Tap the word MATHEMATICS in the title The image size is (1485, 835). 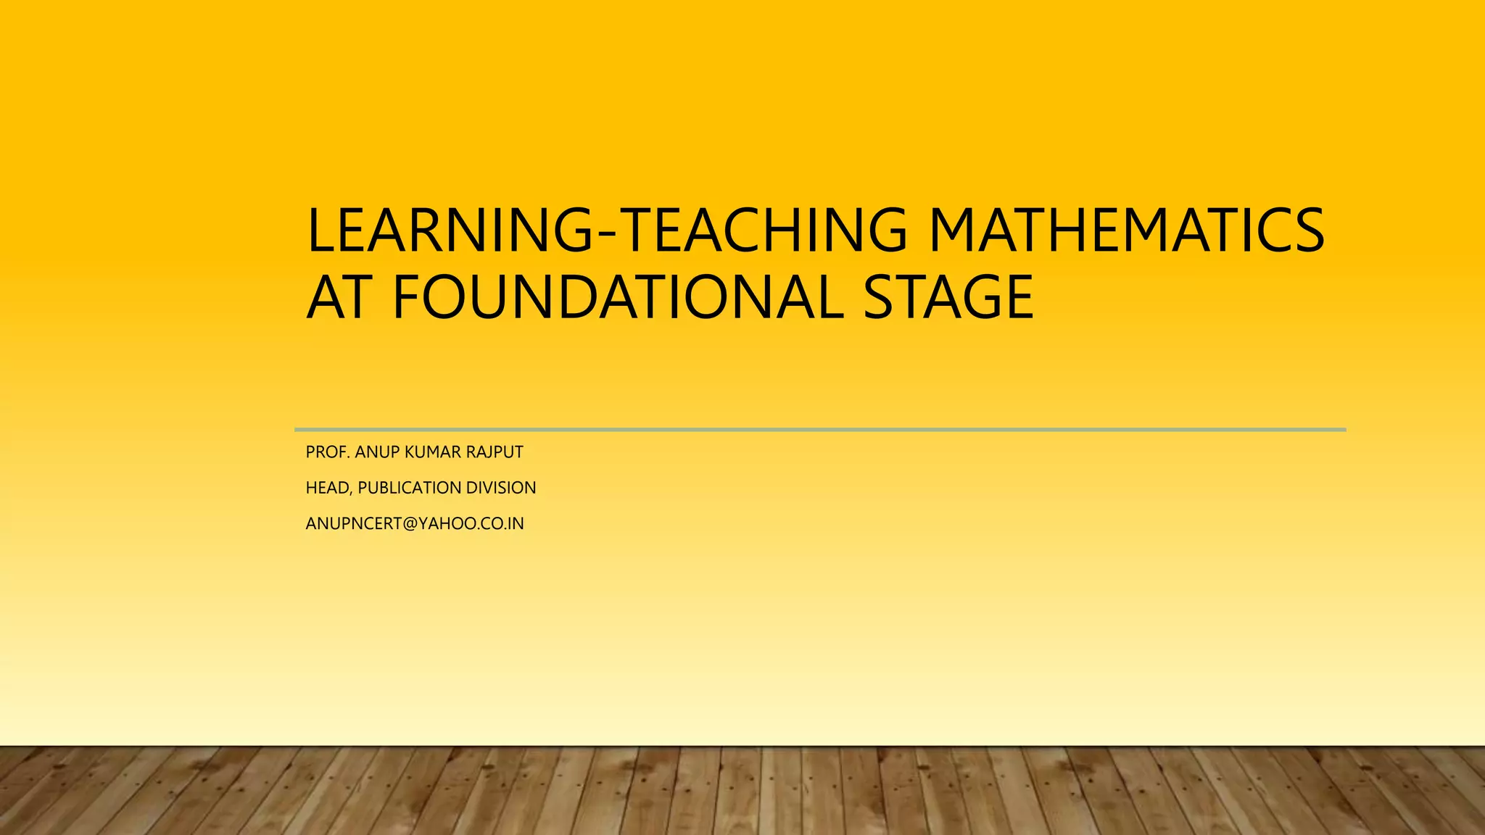tap(1127, 230)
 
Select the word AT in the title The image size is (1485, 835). tap(339, 297)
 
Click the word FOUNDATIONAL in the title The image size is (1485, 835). tap(619, 297)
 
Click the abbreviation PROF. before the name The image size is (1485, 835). tap(328, 452)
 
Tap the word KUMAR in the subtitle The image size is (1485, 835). tap(432, 452)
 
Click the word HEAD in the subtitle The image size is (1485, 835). tap(327, 488)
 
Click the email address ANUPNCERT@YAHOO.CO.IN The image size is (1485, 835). tap(415, 523)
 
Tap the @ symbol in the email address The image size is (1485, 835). tap(410, 523)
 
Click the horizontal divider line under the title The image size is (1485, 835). tap(819, 430)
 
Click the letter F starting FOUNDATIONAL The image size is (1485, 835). tap(406, 297)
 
